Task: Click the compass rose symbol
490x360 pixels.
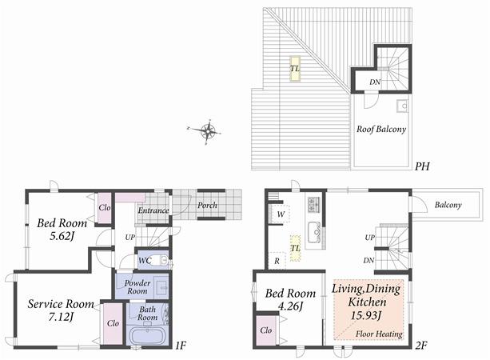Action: point(208,132)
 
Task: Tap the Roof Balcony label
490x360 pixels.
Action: point(381,129)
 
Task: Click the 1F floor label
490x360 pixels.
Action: point(180,346)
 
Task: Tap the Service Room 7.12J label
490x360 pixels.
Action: point(61,310)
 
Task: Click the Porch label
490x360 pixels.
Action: point(208,206)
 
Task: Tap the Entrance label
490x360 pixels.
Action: point(153,210)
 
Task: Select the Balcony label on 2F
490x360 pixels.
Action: point(448,206)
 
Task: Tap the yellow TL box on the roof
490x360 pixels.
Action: point(295,69)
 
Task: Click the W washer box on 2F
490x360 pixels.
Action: point(279,214)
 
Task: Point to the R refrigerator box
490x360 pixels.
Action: point(277,260)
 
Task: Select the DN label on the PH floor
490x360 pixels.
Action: point(374,82)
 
